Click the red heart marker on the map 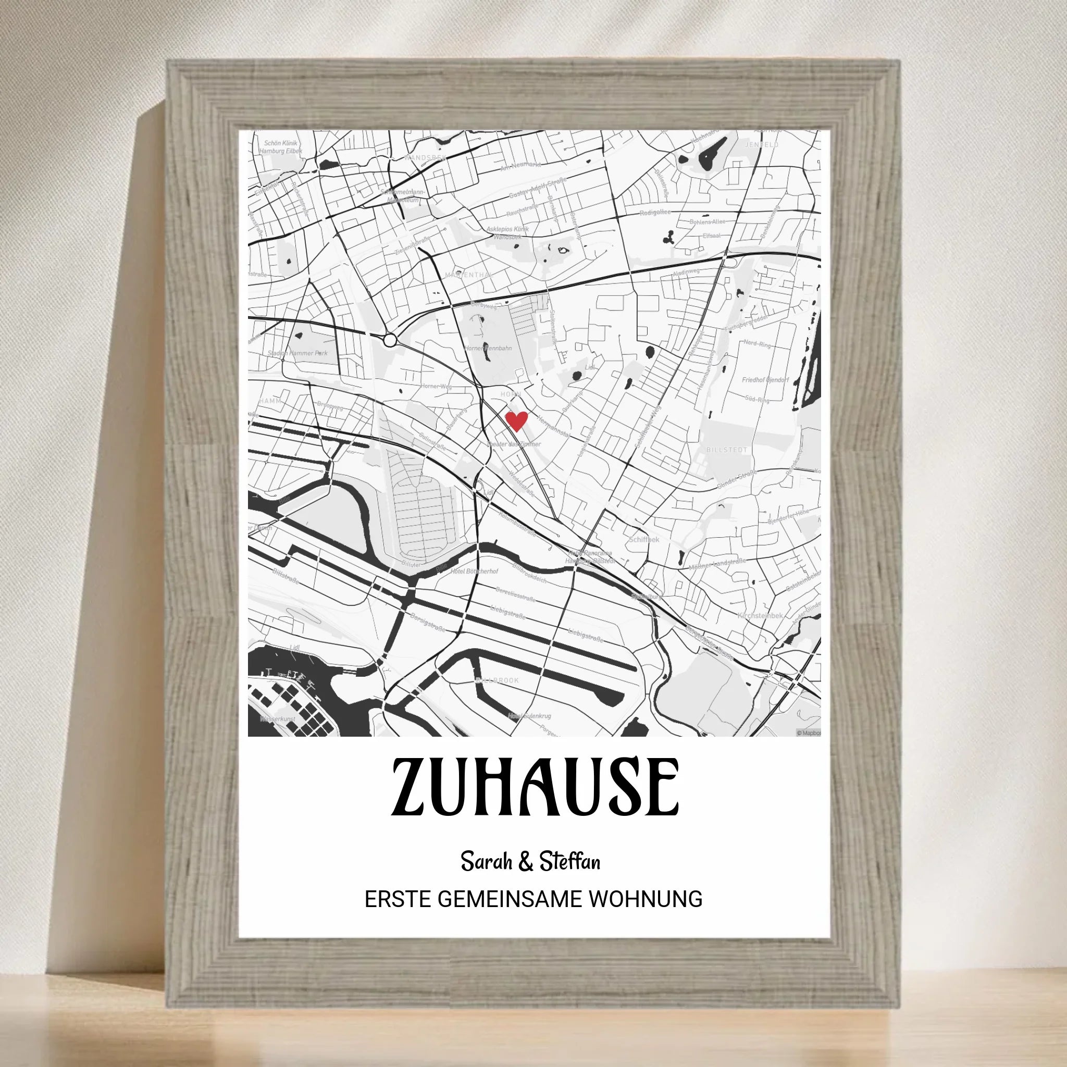pyautogui.click(x=516, y=421)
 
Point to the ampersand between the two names pyautogui.click(x=525, y=862)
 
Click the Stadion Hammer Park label pyautogui.click(x=297, y=353)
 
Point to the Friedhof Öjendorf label pyautogui.click(x=765, y=380)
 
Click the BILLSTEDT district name pyautogui.click(x=726, y=450)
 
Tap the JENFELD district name pyautogui.click(x=762, y=145)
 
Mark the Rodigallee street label pyautogui.click(x=655, y=213)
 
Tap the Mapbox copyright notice pyautogui.click(x=808, y=733)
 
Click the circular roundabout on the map pyautogui.click(x=390, y=340)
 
